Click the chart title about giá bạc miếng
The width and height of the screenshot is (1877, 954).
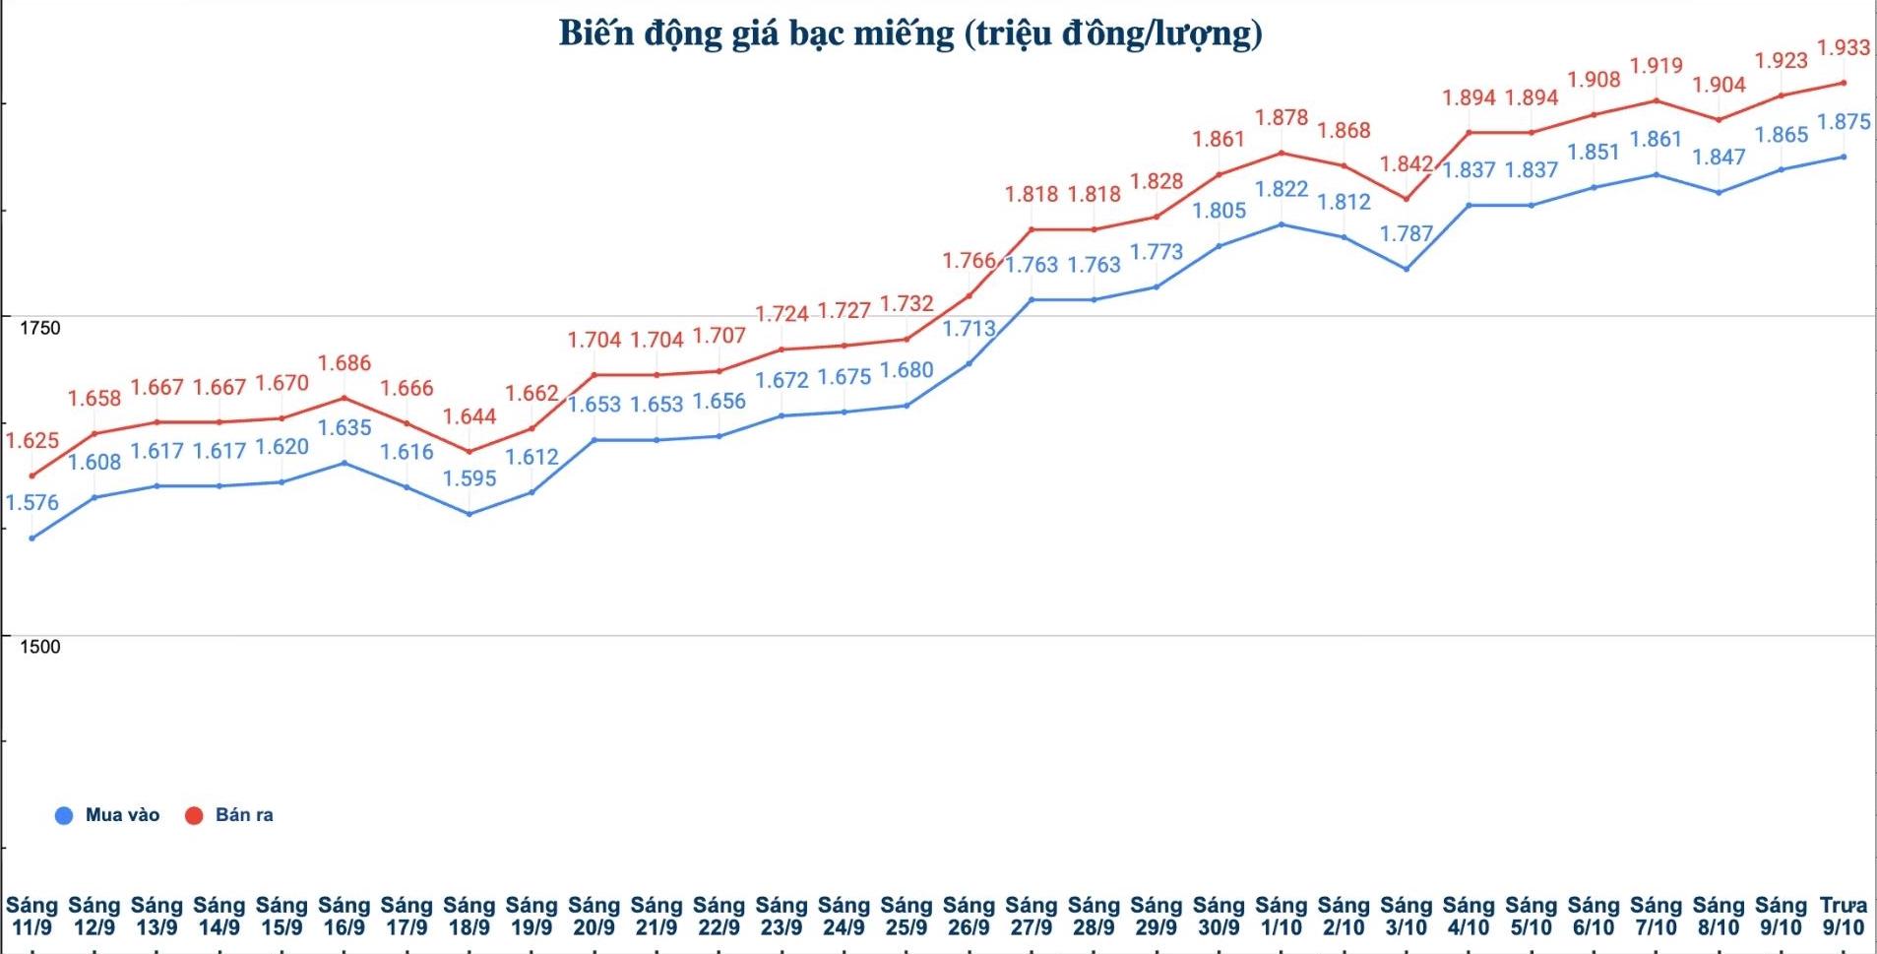click(x=910, y=34)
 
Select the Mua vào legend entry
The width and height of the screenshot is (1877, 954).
click(x=108, y=815)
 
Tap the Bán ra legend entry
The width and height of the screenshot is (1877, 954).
click(x=230, y=815)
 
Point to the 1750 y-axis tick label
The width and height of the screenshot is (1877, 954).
click(x=40, y=328)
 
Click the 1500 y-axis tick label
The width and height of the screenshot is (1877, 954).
click(x=40, y=647)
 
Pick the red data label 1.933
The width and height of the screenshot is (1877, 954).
click(x=1844, y=47)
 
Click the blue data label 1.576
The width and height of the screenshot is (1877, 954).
click(x=32, y=503)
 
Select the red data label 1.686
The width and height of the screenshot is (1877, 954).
click(x=344, y=363)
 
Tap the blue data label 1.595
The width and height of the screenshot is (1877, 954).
click(x=469, y=478)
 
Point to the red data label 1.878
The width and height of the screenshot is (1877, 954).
click(x=1282, y=118)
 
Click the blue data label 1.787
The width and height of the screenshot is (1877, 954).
click(x=1406, y=234)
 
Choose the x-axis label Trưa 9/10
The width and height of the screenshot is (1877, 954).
click(x=1844, y=916)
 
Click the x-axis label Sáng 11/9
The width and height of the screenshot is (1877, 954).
click(x=32, y=916)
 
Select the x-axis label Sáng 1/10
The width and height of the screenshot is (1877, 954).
click(x=1282, y=916)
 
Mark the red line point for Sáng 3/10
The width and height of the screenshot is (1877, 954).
click(x=1407, y=199)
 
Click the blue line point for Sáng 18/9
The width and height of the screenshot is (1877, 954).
click(x=469, y=514)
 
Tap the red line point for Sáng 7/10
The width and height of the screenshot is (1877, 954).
click(x=1657, y=100)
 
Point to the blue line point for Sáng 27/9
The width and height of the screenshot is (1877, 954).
click(x=1032, y=299)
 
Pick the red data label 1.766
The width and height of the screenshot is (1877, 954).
click(x=970, y=261)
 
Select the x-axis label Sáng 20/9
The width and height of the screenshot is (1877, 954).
click(x=594, y=916)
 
